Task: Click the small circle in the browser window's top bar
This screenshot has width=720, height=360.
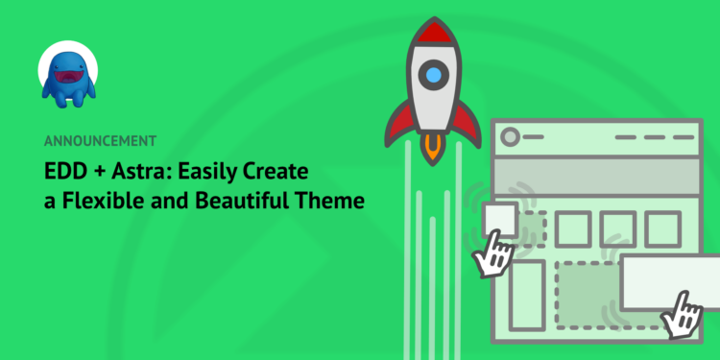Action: [x=511, y=136]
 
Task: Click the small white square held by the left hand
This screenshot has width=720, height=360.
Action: [x=501, y=220]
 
